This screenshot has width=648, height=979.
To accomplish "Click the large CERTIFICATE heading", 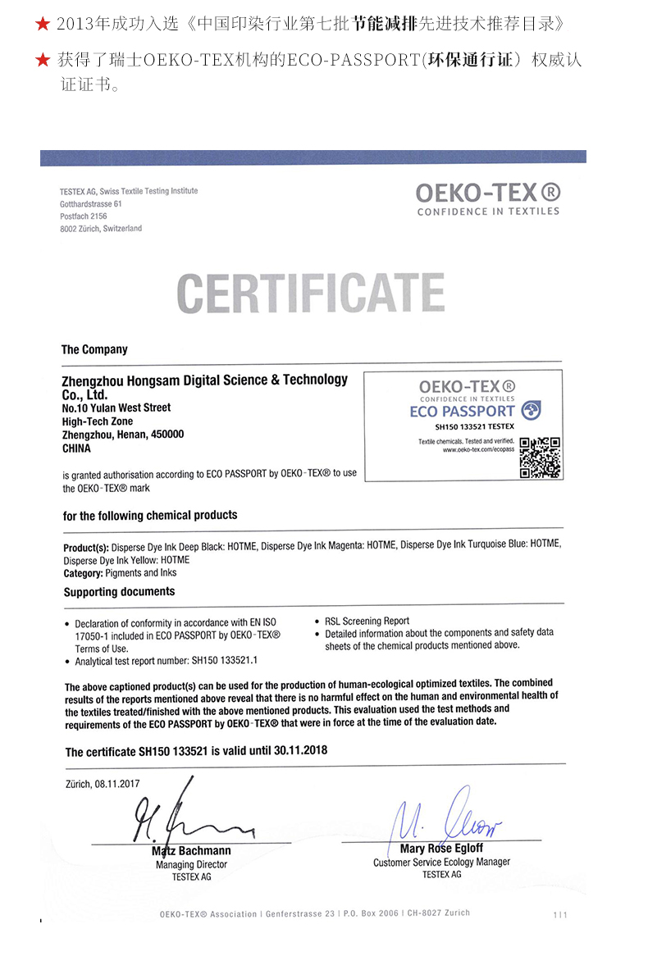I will click(311, 294).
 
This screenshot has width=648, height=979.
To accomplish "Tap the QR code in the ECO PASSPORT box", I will click(541, 458).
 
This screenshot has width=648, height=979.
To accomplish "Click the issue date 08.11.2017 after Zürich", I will click(119, 783).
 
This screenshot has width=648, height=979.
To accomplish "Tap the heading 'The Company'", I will click(94, 349).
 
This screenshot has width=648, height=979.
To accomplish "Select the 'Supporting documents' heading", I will click(119, 591).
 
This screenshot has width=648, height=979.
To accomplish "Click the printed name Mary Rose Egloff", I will click(441, 849).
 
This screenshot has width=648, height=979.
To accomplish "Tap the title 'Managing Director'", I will click(191, 864).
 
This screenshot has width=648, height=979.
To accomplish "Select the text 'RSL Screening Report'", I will click(367, 621).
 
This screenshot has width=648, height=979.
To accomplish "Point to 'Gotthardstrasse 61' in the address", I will click(91, 203).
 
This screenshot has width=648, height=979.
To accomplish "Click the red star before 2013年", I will click(43, 25).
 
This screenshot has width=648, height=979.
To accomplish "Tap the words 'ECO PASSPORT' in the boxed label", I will click(462, 411).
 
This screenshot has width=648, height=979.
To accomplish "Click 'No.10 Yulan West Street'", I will click(116, 408).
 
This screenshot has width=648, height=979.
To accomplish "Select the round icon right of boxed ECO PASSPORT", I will click(532, 410).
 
